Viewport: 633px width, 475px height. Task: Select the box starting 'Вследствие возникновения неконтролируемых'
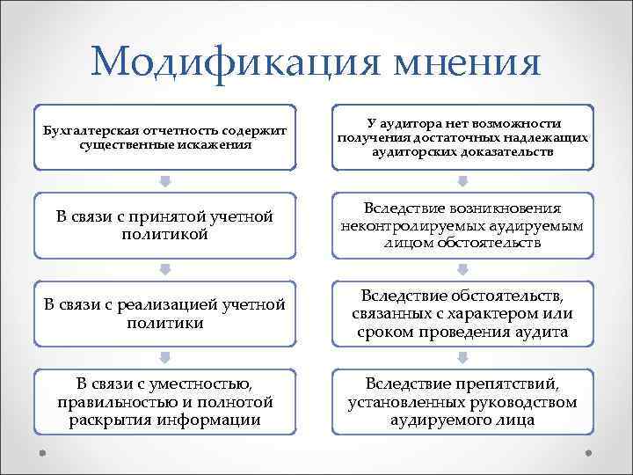point(463,225)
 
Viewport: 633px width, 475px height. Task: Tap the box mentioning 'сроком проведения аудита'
point(463,313)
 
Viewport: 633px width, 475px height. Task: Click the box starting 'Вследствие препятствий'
point(463,401)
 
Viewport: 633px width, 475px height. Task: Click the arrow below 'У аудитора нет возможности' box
point(463,182)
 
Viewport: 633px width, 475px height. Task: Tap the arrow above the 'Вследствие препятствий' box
point(463,358)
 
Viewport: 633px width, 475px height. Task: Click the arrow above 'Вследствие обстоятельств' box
point(463,270)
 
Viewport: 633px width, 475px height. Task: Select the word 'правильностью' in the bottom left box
point(110,402)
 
